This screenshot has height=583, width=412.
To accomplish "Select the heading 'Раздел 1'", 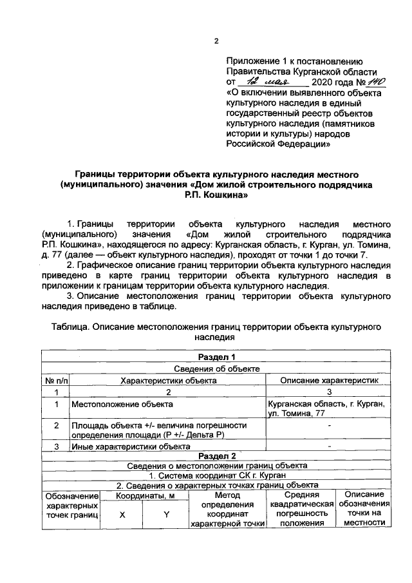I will point(216,358).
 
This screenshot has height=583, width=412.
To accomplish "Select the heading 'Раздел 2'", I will point(216,455).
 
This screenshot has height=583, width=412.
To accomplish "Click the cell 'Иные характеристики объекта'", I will point(131,446).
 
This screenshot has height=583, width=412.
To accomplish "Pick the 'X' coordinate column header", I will point(122,515).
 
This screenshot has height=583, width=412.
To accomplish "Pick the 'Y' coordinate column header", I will point(165,515).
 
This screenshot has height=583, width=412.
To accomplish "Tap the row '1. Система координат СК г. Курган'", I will point(216,475).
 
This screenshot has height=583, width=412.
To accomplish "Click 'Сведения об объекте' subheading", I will point(216,368).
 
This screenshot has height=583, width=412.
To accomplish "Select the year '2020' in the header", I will point(322,84).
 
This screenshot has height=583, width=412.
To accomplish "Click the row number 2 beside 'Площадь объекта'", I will point(56,426).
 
